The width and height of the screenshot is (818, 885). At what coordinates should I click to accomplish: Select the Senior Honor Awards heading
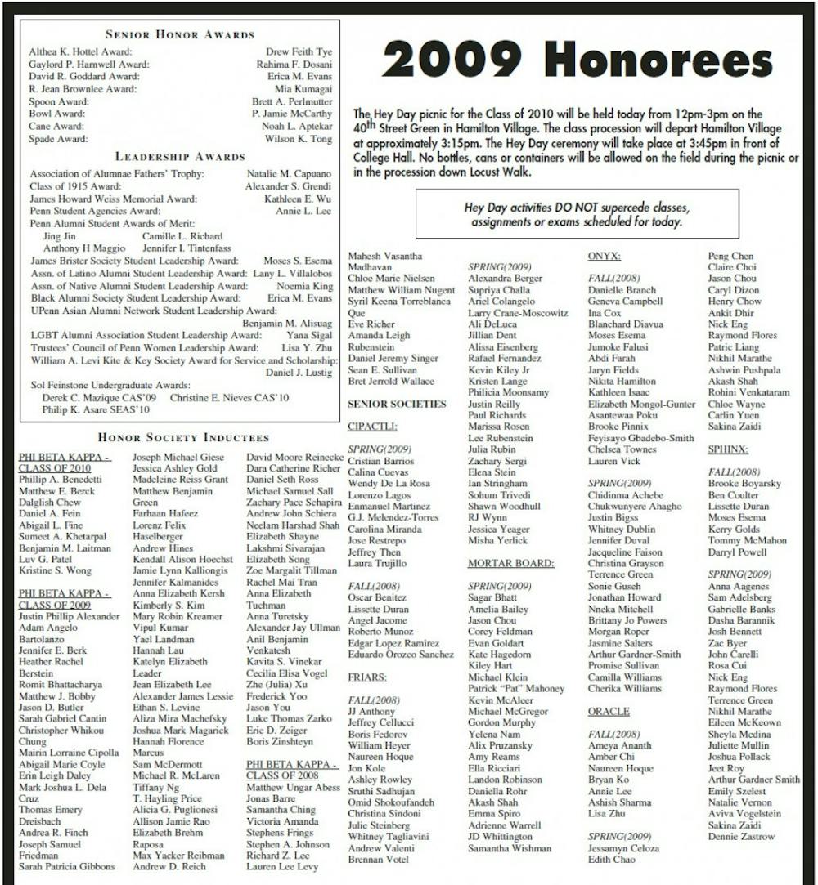coord(180,34)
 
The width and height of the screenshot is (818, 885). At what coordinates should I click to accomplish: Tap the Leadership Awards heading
coord(180,156)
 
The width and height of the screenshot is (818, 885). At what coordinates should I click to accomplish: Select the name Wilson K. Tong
coord(298,139)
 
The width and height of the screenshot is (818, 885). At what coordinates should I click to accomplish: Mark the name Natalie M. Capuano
coord(290,174)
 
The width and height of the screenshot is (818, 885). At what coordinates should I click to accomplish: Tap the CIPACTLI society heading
coord(372,426)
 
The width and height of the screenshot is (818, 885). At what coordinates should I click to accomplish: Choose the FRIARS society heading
coord(367,677)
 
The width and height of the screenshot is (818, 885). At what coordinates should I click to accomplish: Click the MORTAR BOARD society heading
coord(510,563)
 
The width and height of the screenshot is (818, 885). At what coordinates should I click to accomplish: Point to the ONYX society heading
coord(604,256)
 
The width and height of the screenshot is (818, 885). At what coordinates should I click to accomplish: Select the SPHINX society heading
coord(728,449)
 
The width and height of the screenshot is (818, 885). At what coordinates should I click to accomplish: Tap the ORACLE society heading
coord(609,712)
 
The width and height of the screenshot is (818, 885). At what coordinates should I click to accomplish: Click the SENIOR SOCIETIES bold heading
coord(397,404)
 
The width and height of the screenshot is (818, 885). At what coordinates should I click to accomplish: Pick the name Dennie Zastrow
coord(741,837)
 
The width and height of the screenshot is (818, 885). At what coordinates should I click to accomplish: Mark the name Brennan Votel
coord(378,860)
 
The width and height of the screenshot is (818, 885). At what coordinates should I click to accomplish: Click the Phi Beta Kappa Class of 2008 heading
coord(292,770)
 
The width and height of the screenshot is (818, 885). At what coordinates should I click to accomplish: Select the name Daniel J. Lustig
coord(299,373)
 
